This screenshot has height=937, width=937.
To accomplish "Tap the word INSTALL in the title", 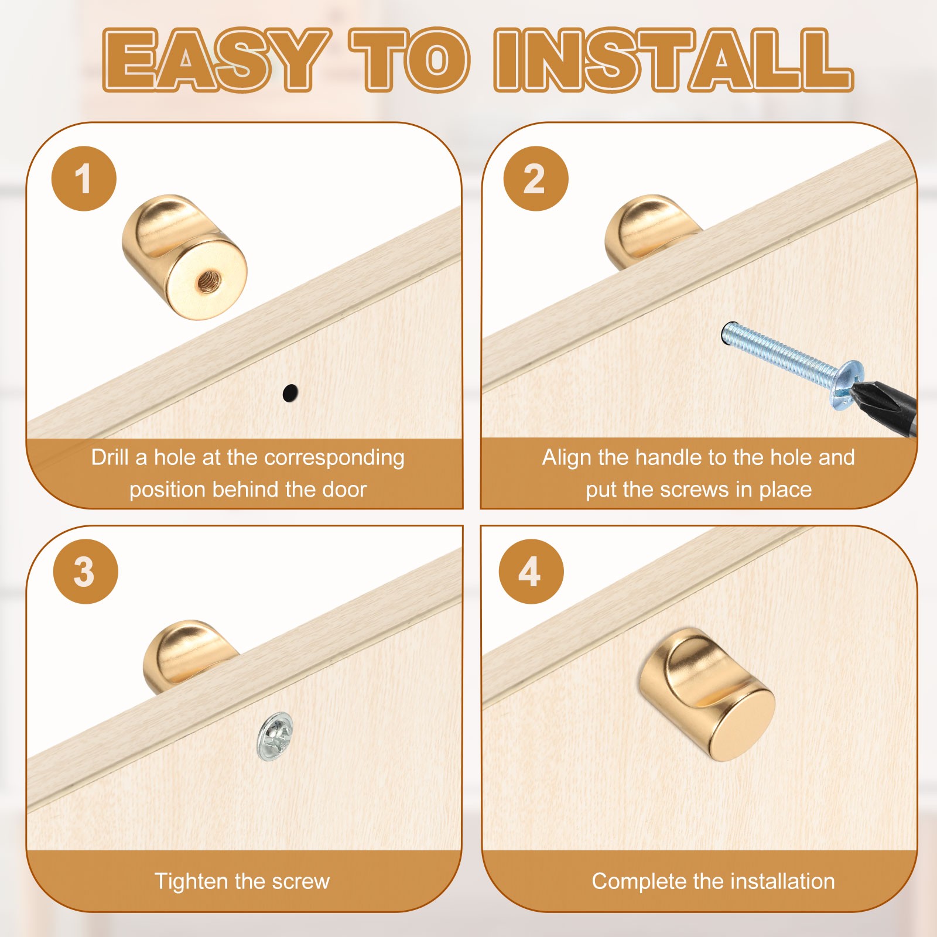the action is pyautogui.click(x=673, y=60).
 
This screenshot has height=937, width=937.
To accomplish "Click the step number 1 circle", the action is pyautogui.click(x=84, y=179).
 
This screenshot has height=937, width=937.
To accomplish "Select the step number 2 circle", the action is pyautogui.click(x=535, y=179).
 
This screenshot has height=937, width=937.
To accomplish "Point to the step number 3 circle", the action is pyautogui.click(x=85, y=572).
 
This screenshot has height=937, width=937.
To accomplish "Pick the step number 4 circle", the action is pyautogui.click(x=531, y=572).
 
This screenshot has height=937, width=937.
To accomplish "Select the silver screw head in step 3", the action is pyautogui.click(x=275, y=736).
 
